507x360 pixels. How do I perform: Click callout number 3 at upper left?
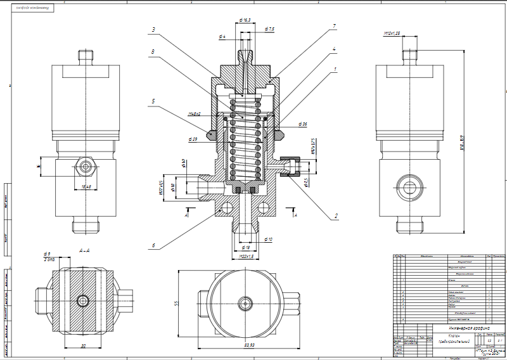[x=154, y=30]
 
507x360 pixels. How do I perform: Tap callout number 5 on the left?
[x=154, y=101]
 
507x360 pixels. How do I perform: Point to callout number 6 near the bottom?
[x=154, y=245]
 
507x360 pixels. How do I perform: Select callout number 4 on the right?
[x=334, y=49]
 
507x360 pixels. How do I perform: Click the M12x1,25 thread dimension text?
[x=393, y=33]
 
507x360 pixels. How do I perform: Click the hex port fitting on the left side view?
[x=86, y=167]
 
